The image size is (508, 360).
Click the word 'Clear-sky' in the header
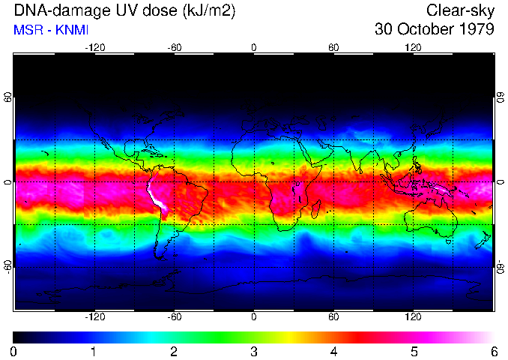[x=460, y=10]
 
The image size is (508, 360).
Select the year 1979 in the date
[x=477, y=30]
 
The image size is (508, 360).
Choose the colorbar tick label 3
[x=254, y=352]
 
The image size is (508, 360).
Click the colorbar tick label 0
[x=14, y=352]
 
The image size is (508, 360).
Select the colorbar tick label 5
[x=414, y=352]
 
